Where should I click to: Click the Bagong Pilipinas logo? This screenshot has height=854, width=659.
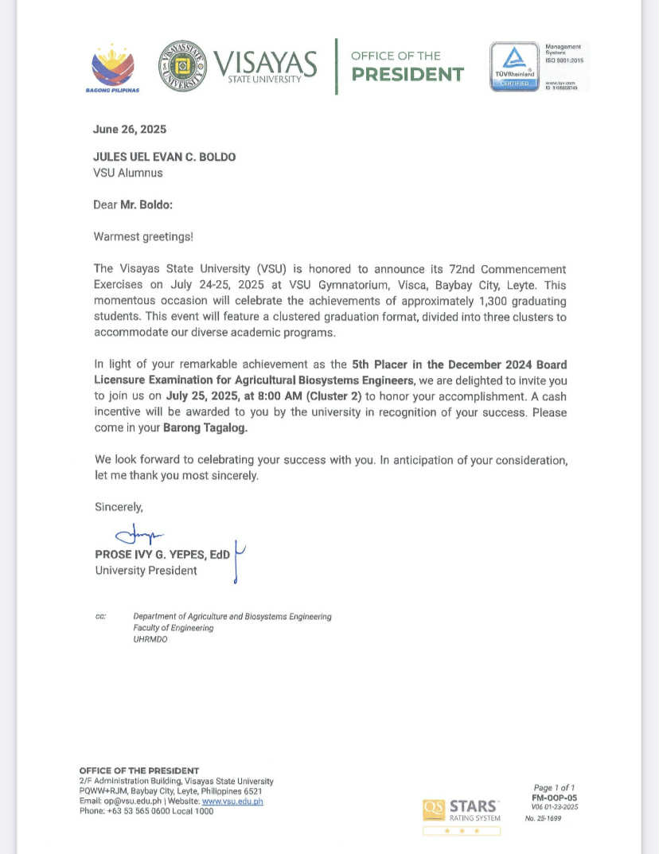(x=113, y=67)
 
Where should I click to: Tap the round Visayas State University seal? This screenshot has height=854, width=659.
(x=184, y=65)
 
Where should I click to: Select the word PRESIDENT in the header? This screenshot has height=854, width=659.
(x=407, y=75)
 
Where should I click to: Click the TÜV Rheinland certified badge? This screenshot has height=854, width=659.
(x=513, y=67)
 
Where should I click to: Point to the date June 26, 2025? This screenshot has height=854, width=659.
(x=130, y=130)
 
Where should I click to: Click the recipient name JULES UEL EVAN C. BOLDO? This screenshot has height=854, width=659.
(x=164, y=157)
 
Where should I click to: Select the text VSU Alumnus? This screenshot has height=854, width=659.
(x=128, y=173)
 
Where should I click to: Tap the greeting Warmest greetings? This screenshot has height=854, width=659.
(x=143, y=236)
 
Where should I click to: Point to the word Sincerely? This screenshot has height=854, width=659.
(x=119, y=506)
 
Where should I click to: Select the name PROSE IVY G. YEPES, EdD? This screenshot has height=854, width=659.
(x=162, y=555)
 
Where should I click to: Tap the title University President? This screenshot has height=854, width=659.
(x=146, y=571)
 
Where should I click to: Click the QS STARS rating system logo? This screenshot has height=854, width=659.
(x=462, y=810)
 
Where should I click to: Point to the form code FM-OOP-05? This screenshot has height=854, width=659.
(x=555, y=797)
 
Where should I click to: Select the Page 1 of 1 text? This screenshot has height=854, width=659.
(x=555, y=788)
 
